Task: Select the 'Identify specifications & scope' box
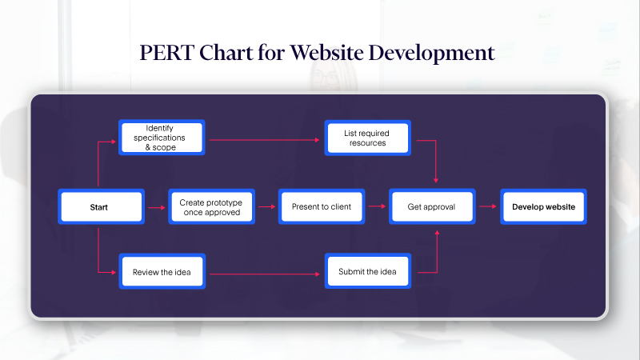click(x=162, y=138)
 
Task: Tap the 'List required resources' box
click(x=368, y=138)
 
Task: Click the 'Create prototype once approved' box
click(x=211, y=206)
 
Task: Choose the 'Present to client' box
click(x=322, y=206)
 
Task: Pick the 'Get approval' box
click(x=432, y=206)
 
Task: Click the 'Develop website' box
click(x=543, y=206)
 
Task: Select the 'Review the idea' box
click(x=162, y=273)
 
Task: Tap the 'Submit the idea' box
click(x=368, y=273)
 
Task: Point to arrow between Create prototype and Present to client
click(x=266, y=206)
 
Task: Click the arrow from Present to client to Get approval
click(x=377, y=206)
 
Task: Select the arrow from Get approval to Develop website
click(x=487, y=206)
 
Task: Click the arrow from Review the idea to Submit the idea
click(x=264, y=274)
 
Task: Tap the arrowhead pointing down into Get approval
click(x=436, y=181)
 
